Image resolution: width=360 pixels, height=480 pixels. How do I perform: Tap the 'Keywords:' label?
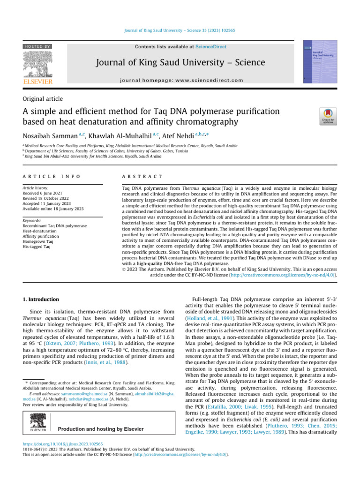[x=31, y=220]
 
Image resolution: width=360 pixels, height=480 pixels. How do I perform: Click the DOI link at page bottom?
[x=62, y=443]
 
